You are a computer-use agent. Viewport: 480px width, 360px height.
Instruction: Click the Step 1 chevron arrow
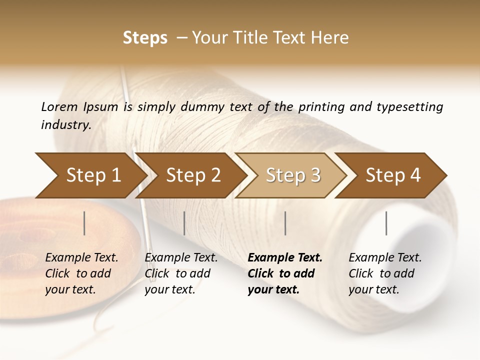coord(93,175)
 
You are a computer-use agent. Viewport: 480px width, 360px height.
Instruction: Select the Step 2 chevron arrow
coord(193,175)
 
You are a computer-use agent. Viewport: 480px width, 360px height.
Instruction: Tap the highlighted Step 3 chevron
coord(293,175)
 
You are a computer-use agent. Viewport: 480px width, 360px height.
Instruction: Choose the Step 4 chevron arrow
coord(393,175)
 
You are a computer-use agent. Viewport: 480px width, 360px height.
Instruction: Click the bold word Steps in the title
coord(145,37)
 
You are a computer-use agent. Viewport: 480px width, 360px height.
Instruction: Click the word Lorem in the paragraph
coord(59,106)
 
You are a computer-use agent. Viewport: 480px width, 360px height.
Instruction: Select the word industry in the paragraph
coord(65,124)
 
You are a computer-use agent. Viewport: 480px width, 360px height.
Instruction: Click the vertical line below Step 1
coord(84,223)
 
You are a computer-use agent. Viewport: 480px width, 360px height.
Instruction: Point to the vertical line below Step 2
coord(184,223)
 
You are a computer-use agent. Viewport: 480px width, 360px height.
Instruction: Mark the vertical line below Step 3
coord(285,223)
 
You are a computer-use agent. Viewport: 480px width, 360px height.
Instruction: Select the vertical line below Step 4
coord(386,223)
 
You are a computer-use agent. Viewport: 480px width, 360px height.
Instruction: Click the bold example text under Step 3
coord(284,273)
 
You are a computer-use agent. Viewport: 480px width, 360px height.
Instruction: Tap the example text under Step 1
coord(81,273)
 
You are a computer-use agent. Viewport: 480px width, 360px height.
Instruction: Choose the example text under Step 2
coord(180,273)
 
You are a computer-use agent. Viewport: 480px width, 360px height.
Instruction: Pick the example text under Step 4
coord(384,273)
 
